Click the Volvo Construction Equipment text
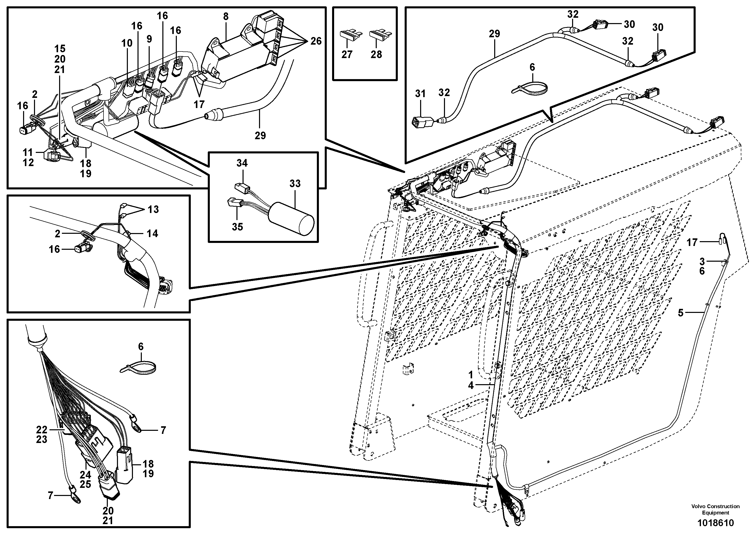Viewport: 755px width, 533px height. (715, 510)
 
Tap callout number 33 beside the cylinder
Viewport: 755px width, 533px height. (295, 183)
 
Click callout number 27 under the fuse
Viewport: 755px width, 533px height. (347, 54)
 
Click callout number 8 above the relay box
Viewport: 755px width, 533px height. (226, 17)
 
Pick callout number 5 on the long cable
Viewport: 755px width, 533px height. (681, 312)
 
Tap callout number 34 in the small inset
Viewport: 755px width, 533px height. (242, 163)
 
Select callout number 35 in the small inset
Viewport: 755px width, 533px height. (237, 226)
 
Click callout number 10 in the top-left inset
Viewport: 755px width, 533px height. (127, 43)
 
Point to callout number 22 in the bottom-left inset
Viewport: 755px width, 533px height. (42, 430)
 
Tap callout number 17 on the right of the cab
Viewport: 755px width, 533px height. (692, 242)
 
